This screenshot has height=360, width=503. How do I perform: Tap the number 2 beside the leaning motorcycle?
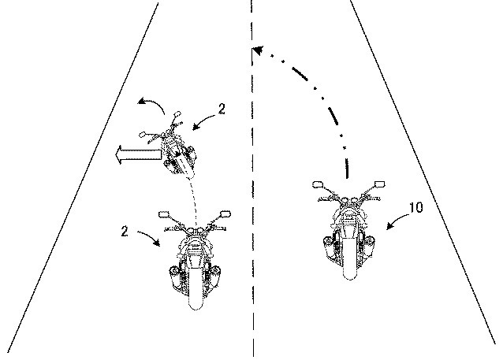coord(222,111)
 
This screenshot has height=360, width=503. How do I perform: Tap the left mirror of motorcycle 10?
coord(319,185)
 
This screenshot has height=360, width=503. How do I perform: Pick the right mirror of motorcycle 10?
coord(379,184)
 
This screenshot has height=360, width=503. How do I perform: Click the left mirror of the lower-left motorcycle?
coord(165,214)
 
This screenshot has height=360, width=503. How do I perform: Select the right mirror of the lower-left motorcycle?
coord(225,213)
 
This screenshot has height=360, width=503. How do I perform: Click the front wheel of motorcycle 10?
coord(348,266)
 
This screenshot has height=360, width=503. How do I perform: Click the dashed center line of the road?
coord(253,236)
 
